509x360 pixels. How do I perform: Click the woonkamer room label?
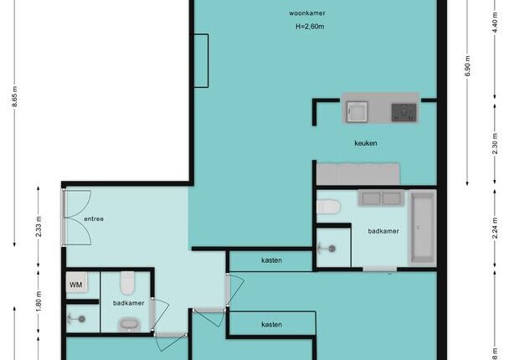coord(307,13)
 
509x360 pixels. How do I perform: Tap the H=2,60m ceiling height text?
coord(310,26)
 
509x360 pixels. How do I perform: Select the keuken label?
coord(366,143)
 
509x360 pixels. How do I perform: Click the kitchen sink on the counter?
coord(357,111)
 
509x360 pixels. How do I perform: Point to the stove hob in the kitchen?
coord(404,113)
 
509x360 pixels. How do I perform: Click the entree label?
coord(94,219)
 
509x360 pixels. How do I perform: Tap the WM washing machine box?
coord(77,282)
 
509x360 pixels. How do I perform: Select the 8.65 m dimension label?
coord(15,96)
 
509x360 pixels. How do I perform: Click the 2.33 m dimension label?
coord(39,226)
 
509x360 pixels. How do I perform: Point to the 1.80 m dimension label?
coord(39,301)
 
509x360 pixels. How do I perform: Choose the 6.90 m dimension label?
coord(467,66)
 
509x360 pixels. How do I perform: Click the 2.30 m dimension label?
coord(495,144)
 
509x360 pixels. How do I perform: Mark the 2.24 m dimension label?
coord(495,228)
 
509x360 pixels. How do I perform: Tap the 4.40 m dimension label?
coord(495,22)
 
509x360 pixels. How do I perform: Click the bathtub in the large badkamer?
coord(422,228)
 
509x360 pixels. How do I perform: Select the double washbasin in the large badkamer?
coord(381,198)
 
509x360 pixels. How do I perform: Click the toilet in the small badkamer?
coord(127,283)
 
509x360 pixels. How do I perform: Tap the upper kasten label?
coord(271,260)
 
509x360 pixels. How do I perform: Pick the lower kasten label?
coord(271,325)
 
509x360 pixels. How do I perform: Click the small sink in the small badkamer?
coord(130,324)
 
